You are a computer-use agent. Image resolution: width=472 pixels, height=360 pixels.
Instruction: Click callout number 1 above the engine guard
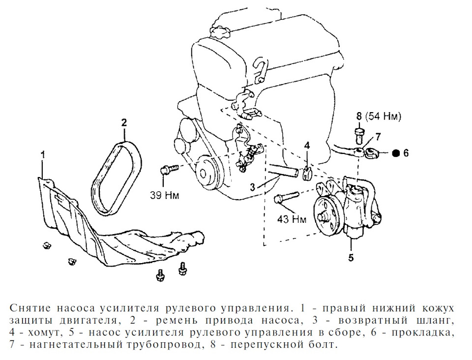[43, 154]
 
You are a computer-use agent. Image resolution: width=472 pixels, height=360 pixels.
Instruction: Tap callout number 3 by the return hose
[252, 186]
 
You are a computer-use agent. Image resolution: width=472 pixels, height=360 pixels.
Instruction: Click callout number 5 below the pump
[351, 256]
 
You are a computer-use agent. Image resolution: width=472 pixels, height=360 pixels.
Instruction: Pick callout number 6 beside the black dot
[406, 153]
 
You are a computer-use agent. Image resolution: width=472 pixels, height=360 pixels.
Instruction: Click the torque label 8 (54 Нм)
[379, 117]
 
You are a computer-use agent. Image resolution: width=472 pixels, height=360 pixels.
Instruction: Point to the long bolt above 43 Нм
[285, 199]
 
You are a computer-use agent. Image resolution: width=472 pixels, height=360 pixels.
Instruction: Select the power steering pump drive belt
[117, 178]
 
